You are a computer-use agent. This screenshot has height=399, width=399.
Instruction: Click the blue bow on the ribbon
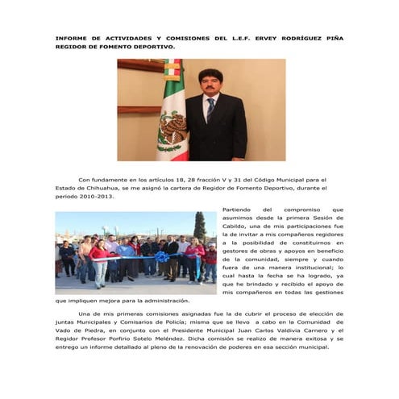162,257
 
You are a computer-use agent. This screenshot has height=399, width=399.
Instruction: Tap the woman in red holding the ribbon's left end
99,262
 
